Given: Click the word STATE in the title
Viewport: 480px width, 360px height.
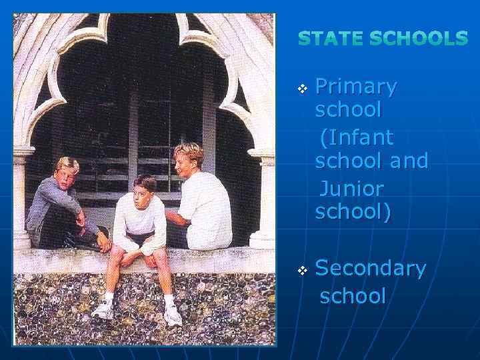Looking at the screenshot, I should coord(329,39).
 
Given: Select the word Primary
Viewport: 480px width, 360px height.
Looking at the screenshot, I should coord(356,87).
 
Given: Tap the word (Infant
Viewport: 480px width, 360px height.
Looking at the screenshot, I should coord(357,138).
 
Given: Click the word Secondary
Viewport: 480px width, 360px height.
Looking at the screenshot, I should coord(370,268).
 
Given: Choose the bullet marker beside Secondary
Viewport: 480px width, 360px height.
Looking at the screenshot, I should coord(303,270).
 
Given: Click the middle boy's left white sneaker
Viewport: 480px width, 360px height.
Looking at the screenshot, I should coord(103,310).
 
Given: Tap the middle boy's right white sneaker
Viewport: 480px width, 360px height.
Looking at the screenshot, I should coord(173,315).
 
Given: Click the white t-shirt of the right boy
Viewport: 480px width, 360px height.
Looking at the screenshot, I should coord(207,210).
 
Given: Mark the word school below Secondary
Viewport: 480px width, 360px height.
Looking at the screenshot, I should coord(353,295).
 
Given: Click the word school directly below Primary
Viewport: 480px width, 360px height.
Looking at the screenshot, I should coord(348,109).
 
